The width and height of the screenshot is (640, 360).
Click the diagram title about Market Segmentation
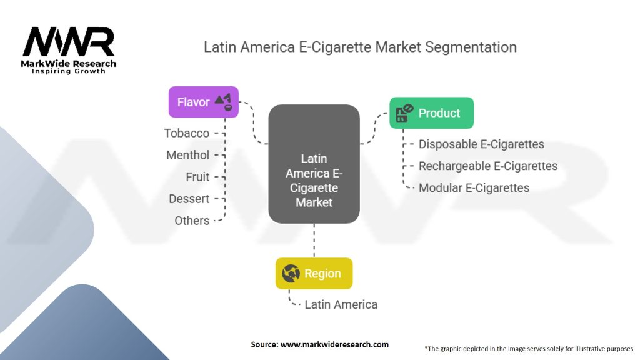360,47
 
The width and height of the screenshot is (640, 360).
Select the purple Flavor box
204,101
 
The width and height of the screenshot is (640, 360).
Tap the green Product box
431,113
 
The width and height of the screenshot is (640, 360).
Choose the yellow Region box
314,273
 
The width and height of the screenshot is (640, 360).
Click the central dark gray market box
314,164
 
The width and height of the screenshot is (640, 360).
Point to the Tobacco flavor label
187,133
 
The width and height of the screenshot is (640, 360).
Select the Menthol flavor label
188,155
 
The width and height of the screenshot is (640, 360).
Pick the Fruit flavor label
197,177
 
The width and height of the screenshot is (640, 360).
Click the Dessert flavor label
189,199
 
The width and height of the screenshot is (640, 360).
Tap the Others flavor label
192,221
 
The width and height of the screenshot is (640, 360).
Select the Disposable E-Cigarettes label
481,144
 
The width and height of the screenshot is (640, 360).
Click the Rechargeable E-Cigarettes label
488,166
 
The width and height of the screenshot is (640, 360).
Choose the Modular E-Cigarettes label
474,188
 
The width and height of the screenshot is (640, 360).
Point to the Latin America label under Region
341,305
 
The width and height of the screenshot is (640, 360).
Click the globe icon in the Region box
291,273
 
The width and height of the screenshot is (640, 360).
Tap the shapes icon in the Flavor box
223,101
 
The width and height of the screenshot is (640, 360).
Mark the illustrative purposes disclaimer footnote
528,348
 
